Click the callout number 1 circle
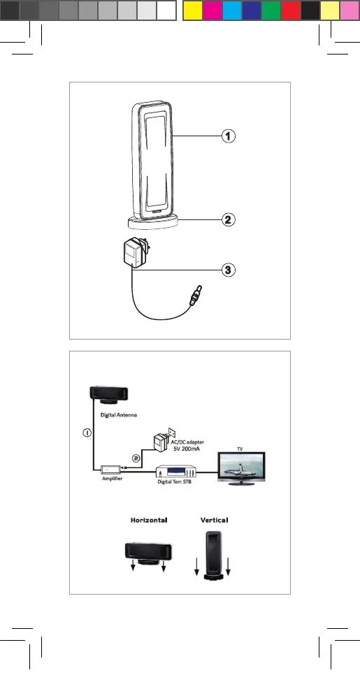pyautogui.click(x=228, y=136)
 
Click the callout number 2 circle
pyautogui.click(x=228, y=219)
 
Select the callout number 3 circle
pyautogui.click(x=228, y=270)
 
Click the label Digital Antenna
pyautogui.click(x=119, y=415)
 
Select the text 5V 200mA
pyautogui.click(x=187, y=449)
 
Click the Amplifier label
pyautogui.click(x=112, y=479)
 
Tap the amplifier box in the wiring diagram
pyautogui.click(x=112, y=470)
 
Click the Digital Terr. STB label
pyautogui.click(x=174, y=481)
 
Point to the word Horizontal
pyautogui.click(x=149, y=520)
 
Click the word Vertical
pyautogui.click(x=214, y=520)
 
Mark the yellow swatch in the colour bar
pyautogui.click(x=193, y=10)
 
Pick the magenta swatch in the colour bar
pyautogui.click(x=213, y=10)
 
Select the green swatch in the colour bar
pyautogui.click(x=271, y=10)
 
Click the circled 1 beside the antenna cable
pyautogui.click(x=87, y=433)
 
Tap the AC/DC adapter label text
pyautogui.click(x=187, y=442)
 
